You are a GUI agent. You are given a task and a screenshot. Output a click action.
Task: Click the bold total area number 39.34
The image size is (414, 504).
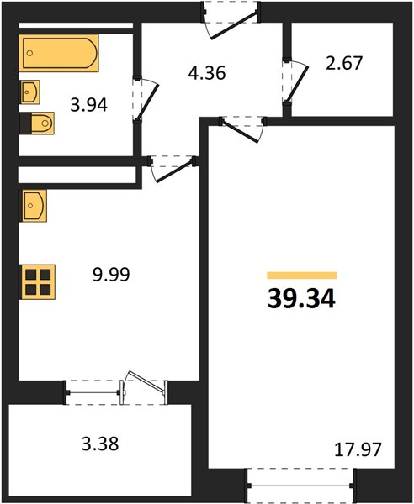pos(301,298)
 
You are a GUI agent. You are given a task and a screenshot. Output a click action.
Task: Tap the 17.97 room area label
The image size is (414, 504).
pos(358,449)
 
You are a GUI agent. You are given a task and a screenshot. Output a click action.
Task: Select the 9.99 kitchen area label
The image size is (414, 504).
pos(111,275)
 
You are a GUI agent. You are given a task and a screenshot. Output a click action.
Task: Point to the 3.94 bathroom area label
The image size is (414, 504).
pos(89,105)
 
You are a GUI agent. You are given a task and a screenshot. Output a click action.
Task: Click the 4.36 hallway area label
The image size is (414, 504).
pos(207,73)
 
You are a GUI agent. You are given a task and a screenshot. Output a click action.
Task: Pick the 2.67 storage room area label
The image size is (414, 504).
pos(344,63)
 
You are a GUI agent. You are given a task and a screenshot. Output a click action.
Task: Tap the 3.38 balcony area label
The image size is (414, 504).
pos(100,444)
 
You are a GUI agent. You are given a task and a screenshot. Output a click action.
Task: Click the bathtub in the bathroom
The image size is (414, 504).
pos(59,53)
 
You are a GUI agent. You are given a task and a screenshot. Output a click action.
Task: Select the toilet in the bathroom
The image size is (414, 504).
pos(37,123)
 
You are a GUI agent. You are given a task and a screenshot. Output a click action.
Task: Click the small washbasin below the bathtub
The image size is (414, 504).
pos(30,92)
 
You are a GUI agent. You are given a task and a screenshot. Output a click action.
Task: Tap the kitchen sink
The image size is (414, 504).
pos(34,206)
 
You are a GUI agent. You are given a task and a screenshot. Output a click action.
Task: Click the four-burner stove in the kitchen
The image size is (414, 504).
pos(37,282)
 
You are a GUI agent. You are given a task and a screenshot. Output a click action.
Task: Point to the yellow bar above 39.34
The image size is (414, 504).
pos(302,276)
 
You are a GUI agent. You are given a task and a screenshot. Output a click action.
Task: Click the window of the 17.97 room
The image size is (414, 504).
pos(300,486)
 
